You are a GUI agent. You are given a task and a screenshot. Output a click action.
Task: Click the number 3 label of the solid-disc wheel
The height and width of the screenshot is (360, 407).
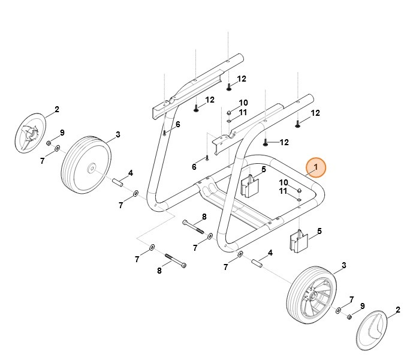point(117,134)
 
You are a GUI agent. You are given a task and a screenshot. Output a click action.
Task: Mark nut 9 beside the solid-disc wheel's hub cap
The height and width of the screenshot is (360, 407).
point(49,143)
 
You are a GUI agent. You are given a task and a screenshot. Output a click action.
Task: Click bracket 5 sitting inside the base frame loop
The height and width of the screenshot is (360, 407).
point(250,186)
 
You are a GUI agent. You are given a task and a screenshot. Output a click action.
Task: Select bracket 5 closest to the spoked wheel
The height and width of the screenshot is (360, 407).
point(299,242)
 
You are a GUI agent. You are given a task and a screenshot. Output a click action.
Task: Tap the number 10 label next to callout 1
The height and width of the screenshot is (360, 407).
point(283,182)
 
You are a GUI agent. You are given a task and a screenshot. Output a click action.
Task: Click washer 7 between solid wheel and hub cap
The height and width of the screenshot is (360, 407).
point(57,148)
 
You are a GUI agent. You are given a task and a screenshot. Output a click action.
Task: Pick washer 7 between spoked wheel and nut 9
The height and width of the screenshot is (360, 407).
point(339,310)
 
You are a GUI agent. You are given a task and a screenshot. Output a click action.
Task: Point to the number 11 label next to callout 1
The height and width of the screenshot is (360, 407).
point(283,191)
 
